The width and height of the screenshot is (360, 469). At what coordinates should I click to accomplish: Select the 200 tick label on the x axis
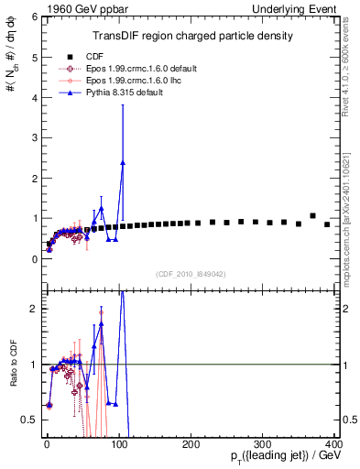coord(191,443)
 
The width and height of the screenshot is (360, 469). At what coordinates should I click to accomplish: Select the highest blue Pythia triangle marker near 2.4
coord(122,162)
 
